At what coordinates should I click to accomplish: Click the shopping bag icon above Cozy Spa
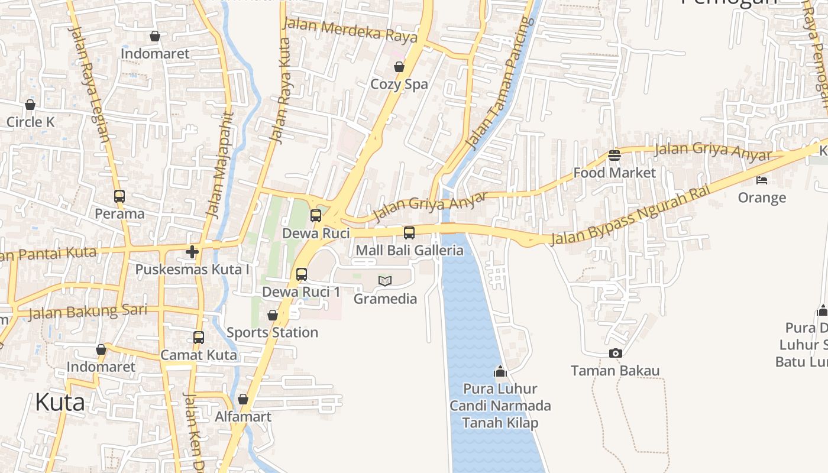[399, 67]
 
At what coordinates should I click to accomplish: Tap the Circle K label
[30, 122]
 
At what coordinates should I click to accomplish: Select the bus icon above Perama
[119, 196]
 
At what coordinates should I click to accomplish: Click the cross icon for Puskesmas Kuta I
[192, 252]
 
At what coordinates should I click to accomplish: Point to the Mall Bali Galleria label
[409, 250]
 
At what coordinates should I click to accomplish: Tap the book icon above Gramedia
[385, 281]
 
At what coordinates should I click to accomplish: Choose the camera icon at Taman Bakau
[615, 353]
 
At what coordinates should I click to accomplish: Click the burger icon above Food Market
[614, 155]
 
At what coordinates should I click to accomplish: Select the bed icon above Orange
[762, 180]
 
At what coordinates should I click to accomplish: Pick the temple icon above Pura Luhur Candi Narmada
[500, 371]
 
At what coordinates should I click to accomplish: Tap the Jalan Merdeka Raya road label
[350, 30]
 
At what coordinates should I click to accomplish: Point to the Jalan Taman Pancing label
[500, 83]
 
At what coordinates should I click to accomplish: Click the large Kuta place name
[60, 402]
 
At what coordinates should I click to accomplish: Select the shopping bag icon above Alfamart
[243, 399]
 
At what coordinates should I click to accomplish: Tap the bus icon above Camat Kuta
[199, 338]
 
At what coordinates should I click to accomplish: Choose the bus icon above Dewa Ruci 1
[302, 274]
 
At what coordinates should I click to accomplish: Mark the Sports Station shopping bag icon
[273, 315]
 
